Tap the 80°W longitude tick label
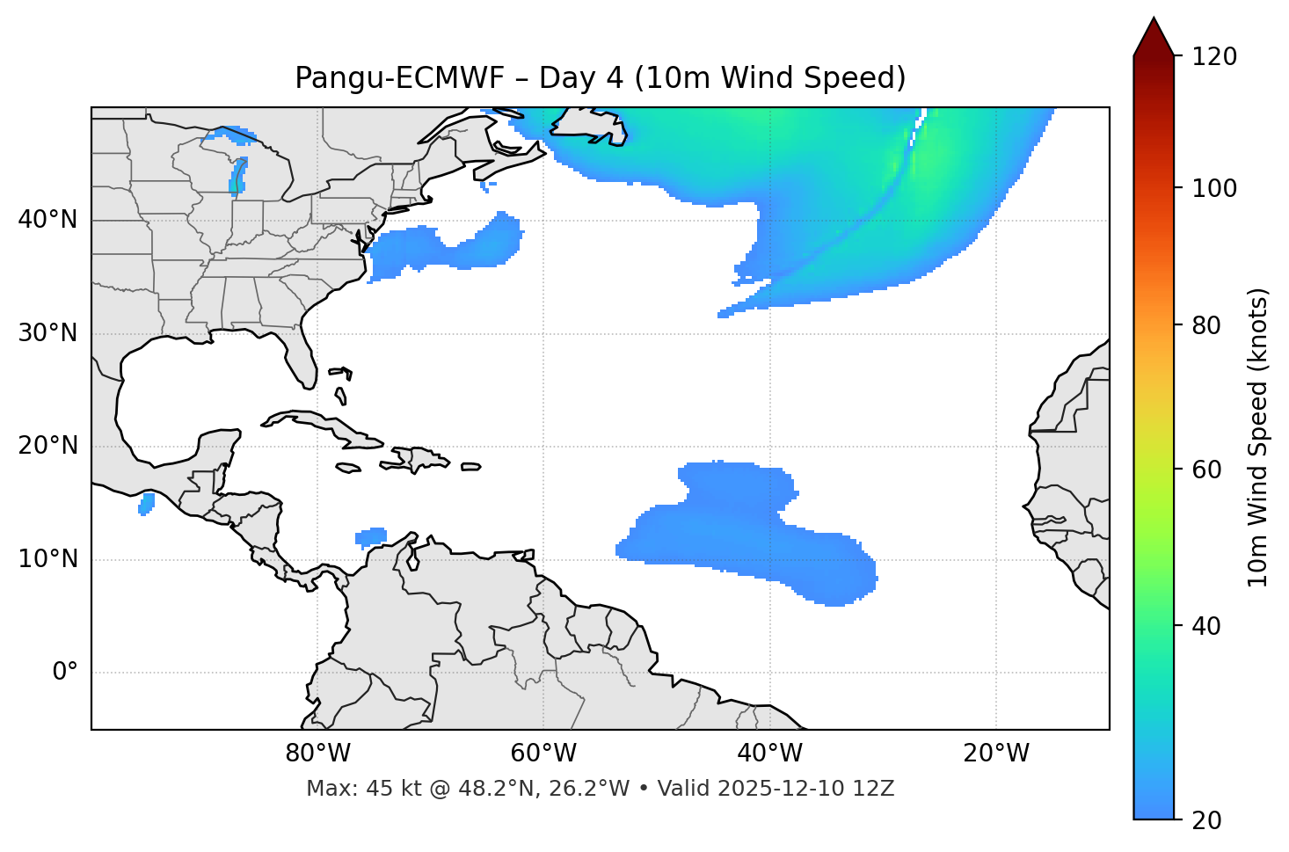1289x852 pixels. point(317,754)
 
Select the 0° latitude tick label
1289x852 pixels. point(65,673)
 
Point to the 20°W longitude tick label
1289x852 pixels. point(996,754)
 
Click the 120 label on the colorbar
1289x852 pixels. point(1214,57)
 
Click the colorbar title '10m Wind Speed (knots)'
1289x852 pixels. point(1258,438)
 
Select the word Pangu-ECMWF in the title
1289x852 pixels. point(400,78)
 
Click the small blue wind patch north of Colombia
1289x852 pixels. point(371,536)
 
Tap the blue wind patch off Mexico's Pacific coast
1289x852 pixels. point(147,504)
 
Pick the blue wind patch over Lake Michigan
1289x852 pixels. point(238,175)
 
